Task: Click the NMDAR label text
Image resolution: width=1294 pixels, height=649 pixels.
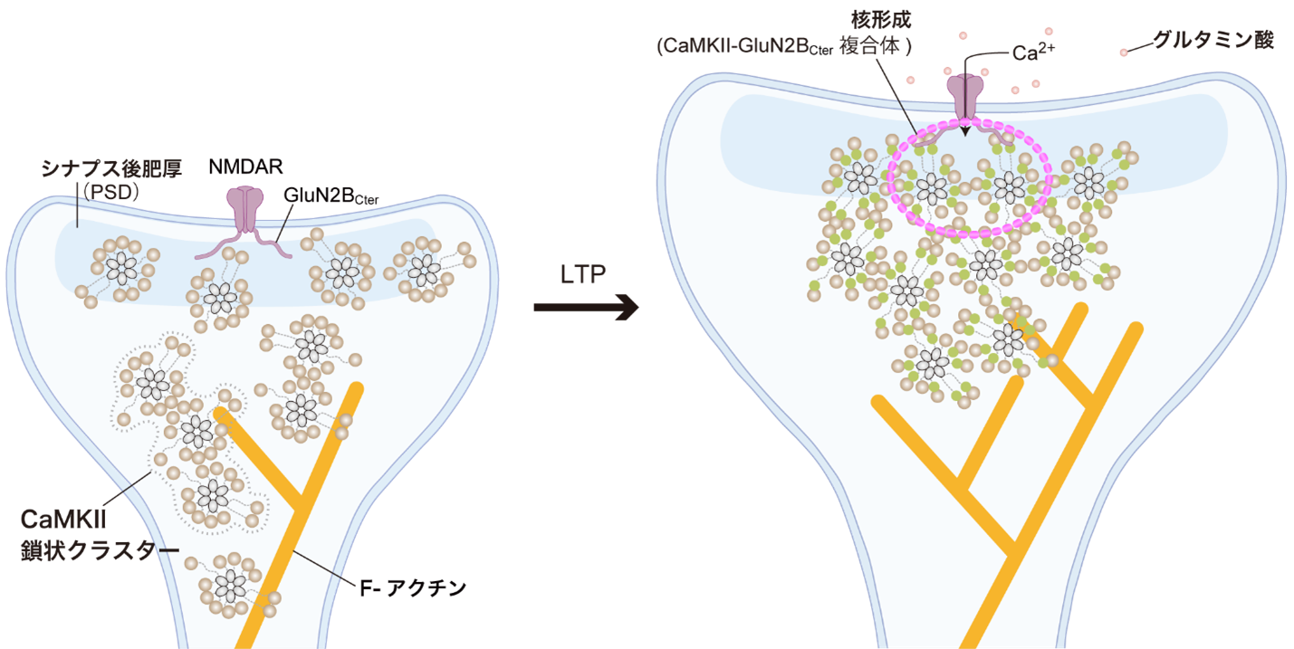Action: click(x=245, y=167)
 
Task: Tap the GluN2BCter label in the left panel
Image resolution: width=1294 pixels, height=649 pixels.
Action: click(x=331, y=196)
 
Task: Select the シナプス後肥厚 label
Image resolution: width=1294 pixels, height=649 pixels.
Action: click(x=111, y=168)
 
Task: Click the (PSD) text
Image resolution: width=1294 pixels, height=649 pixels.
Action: click(x=111, y=192)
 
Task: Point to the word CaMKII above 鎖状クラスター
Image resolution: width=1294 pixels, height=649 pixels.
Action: click(x=63, y=520)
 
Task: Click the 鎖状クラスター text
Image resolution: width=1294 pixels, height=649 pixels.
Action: click(x=100, y=550)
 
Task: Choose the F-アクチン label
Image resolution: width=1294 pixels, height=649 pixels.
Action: click(x=412, y=588)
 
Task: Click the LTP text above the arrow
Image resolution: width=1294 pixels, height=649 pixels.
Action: click(x=583, y=274)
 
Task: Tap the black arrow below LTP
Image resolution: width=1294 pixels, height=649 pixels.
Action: click(x=586, y=307)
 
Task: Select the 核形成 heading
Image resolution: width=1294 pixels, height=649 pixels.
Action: click(x=881, y=20)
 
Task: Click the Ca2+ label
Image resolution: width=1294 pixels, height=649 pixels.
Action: click(x=1033, y=52)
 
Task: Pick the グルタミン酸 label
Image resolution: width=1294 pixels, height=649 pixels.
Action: click(x=1213, y=40)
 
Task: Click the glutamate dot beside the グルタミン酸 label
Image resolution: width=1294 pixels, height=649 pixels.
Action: click(x=1124, y=52)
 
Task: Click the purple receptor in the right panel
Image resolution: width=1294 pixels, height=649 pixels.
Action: click(x=964, y=98)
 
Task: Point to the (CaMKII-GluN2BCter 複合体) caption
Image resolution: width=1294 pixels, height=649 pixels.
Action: click(x=784, y=46)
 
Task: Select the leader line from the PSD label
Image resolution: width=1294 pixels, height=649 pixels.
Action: click(x=77, y=205)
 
